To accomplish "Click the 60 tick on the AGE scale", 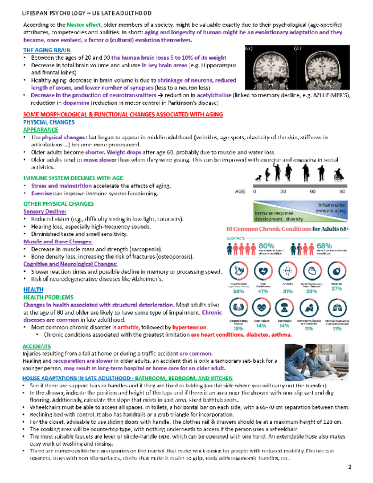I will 313,191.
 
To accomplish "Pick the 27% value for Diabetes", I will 337,288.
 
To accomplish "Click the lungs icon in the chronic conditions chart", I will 337,308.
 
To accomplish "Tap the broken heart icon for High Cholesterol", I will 263,270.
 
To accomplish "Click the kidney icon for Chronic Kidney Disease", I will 239,308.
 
